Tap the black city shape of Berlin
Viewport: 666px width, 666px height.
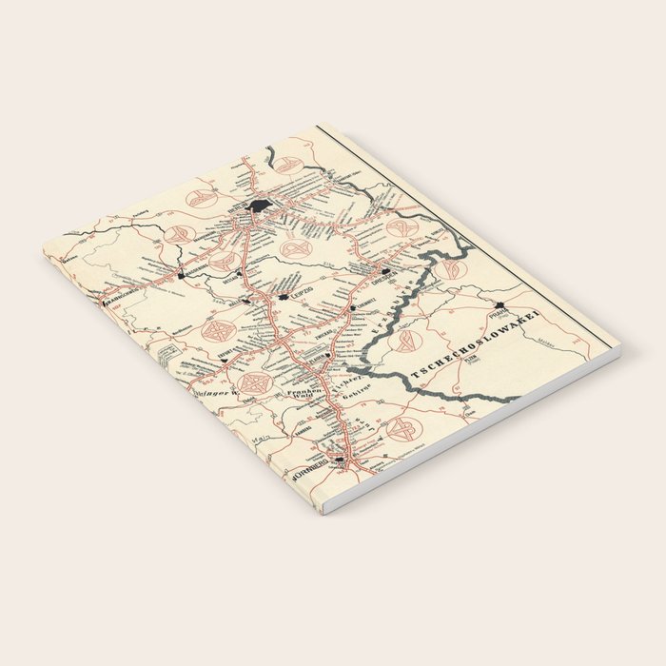point(260,206)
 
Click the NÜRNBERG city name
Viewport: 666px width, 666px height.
point(311,468)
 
